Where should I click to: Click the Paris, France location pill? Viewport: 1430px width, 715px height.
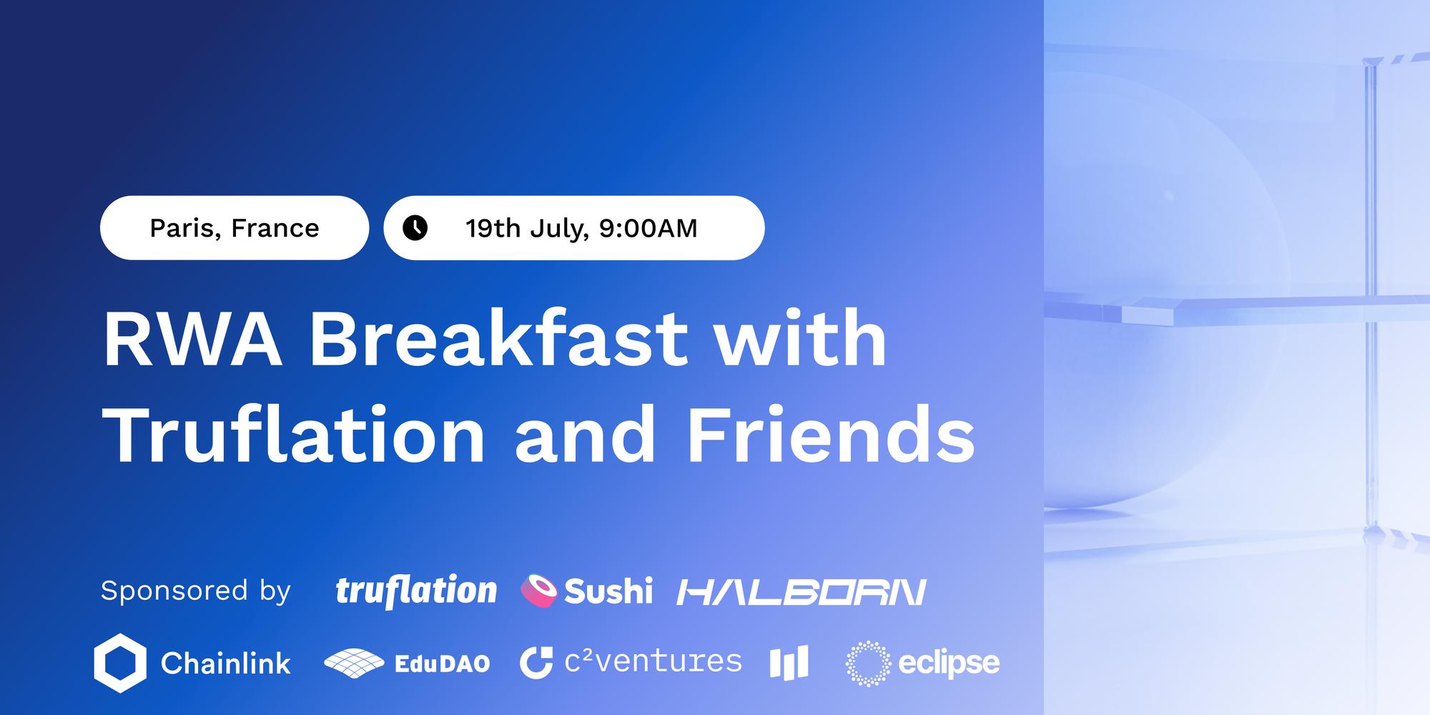[235, 228]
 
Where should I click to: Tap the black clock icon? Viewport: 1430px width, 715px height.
[415, 228]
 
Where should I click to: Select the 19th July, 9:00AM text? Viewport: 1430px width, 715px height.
[581, 228]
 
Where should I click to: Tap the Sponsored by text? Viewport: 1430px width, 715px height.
[196, 591]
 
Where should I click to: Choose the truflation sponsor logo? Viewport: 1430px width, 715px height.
[416, 591]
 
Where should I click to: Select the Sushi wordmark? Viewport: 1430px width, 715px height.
[608, 591]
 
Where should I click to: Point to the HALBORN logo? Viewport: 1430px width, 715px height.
[802, 592]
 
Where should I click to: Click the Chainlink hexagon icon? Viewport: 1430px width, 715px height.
[120, 663]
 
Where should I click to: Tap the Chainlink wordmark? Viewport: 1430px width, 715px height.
[226, 664]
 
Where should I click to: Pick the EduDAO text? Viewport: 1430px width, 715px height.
[443, 664]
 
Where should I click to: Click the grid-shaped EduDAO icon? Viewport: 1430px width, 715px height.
[354, 663]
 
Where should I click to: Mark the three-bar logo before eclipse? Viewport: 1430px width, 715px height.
[789, 663]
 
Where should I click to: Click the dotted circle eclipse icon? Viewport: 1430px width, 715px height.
[867, 664]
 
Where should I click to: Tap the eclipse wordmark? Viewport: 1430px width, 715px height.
[949, 664]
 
